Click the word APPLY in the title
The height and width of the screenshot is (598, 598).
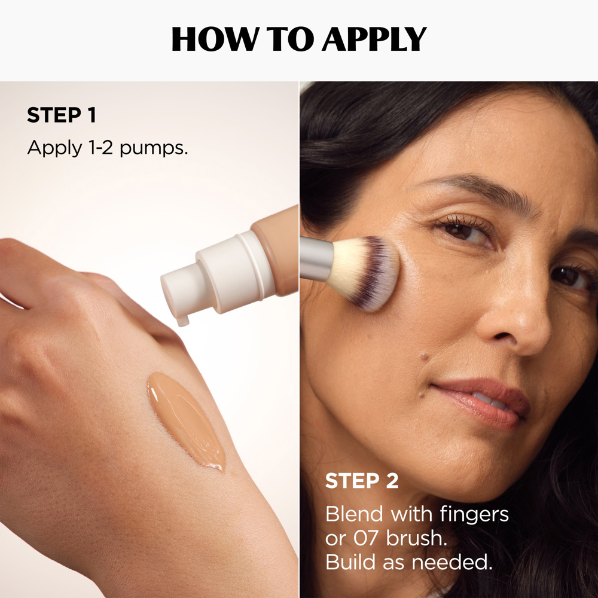[374, 39]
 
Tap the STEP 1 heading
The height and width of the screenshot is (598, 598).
[61, 115]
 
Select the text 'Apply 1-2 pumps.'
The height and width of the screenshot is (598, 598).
[108, 148]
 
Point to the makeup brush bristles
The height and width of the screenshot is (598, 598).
[365, 273]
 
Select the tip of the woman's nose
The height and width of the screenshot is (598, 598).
[526, 332]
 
